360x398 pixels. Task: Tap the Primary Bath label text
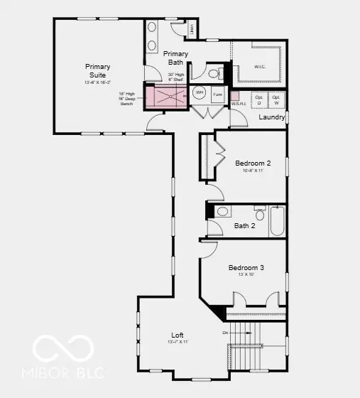coord(175,58)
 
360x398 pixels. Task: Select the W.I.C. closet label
coord(260,68)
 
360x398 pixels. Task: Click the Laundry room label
coord(271,117)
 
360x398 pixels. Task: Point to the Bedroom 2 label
coord(253,163)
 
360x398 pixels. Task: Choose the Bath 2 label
coord(244,226)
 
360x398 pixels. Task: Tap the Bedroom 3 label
coord(246,267)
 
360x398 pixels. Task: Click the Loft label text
coord(177,335)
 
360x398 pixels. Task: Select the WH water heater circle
coord(200,93)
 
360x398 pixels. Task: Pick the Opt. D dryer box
coord(259,99)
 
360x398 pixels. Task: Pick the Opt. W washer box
coord(277,99)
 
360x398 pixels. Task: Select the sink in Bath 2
coord(222,212)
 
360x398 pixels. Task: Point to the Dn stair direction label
coord(225,332)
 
